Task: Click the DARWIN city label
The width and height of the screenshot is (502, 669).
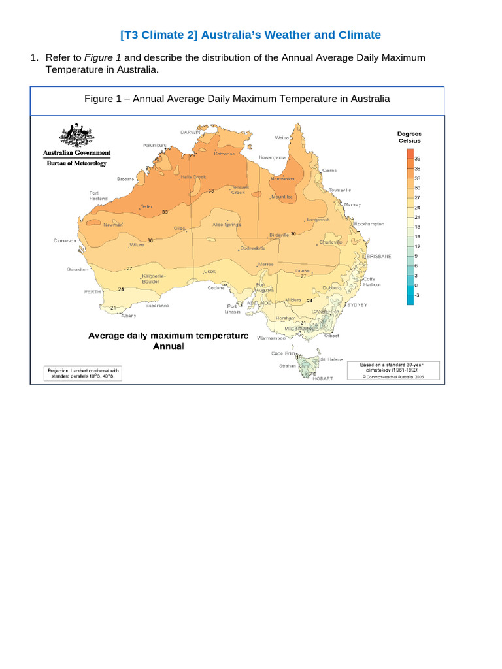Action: [x=190, y=131]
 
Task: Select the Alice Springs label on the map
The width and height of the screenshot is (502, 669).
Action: [x=227, y=224]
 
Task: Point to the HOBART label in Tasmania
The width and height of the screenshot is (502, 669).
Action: [x=323, y=378]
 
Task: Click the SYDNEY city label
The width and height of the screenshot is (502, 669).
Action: [x=357, y=305]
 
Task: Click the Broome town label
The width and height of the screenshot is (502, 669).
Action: [x=125, y=178]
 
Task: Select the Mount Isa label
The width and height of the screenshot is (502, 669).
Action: [x=282, y=196]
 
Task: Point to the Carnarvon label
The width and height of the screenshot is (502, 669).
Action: [x=65, y=240]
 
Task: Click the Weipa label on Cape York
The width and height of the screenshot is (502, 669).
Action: [x=282, y=138]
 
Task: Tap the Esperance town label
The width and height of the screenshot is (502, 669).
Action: [x=157, y=305]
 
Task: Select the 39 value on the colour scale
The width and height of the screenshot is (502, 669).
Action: [x=417, y=158]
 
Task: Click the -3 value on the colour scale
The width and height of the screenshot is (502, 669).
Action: [x=417, y=295]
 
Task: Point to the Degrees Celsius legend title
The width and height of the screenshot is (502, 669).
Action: [x=410, y=137]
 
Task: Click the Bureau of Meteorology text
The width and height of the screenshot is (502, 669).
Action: [x=75, y=163]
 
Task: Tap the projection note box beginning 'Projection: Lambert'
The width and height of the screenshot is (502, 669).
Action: [x=83, y=372]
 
